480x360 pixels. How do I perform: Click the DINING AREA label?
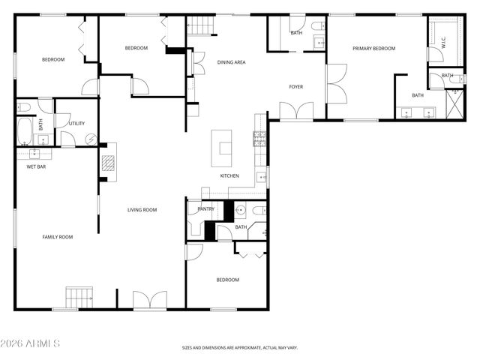(231, 62)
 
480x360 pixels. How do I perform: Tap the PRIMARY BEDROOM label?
(373, 48)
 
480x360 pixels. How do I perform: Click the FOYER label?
(296, 87)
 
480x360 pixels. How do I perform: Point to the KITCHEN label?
(229, 176)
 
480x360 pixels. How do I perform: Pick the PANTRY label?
(205, 209)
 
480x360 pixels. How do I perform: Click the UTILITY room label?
(76, 124)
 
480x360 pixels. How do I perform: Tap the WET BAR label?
(36, 166)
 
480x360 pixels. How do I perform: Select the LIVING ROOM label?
(141, 210)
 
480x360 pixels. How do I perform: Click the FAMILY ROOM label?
(57, 237)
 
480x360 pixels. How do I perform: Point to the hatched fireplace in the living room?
(109, 163)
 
